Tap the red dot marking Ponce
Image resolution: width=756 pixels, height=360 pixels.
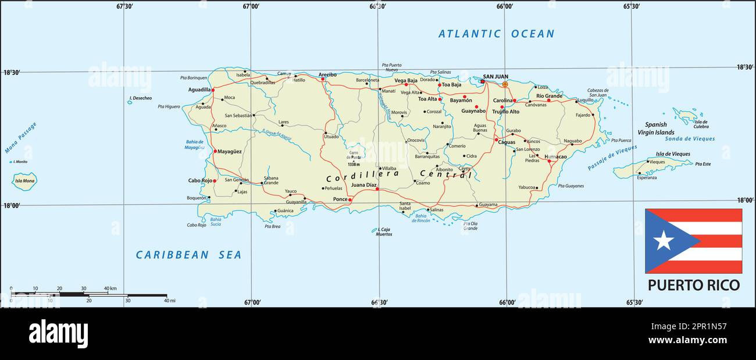pos(351,199)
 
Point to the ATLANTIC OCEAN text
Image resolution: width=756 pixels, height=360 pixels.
pos(496,34)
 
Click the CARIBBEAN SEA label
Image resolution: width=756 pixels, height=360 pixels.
pos(188,255)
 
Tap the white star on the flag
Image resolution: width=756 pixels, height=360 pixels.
pos(663,240)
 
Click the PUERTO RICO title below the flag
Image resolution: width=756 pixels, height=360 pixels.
pos(694,285)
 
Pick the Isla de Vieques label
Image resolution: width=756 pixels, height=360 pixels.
pos(673,154)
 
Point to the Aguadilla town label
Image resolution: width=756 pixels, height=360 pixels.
pos(199,90)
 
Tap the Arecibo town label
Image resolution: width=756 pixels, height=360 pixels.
pos(327,74)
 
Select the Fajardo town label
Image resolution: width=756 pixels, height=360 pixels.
pos(582,115)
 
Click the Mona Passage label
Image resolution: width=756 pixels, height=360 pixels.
pos(20,138)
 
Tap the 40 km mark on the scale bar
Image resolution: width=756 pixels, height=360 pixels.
pos(110,288)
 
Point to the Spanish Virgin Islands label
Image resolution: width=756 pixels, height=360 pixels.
pos(659,129)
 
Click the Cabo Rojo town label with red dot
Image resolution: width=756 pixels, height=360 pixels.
pos(199,180)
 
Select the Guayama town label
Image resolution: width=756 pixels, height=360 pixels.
pos(488,205)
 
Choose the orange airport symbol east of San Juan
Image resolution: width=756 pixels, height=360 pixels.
pos(505,84)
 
